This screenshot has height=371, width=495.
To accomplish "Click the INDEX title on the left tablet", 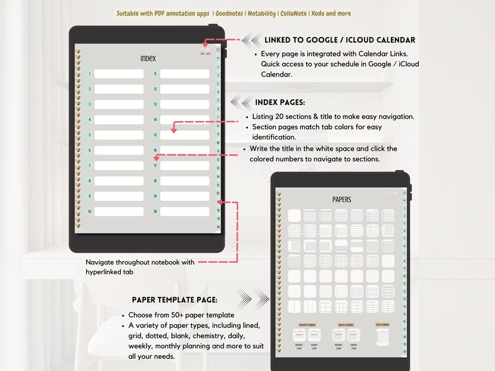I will click(x=148, y=59).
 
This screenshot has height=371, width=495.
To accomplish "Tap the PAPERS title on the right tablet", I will click(x=342, y=200).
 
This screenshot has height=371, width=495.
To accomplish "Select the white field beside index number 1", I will click(x=119, y=74).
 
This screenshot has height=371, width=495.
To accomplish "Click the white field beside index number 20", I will click(x=185, y=211).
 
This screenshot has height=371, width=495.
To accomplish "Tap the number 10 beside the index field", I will click(x=90, y=211).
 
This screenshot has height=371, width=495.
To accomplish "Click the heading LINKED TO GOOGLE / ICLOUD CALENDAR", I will click(x=340, y=40).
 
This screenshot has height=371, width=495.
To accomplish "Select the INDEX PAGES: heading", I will click(x=280, y=102).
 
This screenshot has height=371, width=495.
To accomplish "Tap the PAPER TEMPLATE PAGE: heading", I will click(x=174, y=299).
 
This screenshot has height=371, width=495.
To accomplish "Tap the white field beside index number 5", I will click(x=119, y=135).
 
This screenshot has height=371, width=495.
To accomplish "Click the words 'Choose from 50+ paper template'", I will click(x=181, y=315).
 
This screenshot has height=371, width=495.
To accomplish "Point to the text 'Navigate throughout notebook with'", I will click(x=140, y=262).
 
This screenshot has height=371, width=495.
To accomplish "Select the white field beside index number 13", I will click(x=185, y=104).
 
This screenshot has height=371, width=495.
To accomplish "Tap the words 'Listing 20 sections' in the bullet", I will click(x=280, y=117).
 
